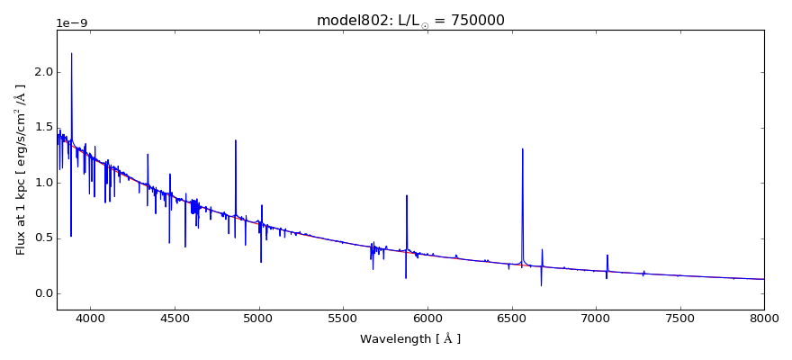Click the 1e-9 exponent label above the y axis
click(72, 23)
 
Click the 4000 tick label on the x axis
click(90, 319)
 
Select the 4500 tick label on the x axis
click(175, 319)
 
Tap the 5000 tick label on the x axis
click(259, 319)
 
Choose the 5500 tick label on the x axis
click(343, 319)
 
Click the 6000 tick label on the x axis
click(427, 319)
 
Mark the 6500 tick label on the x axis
click(511, 319)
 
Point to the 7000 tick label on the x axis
click(596, 319)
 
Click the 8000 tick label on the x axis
click(763, 319)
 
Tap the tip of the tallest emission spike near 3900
click(72, 54)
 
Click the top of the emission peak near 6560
click(522, 149)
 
